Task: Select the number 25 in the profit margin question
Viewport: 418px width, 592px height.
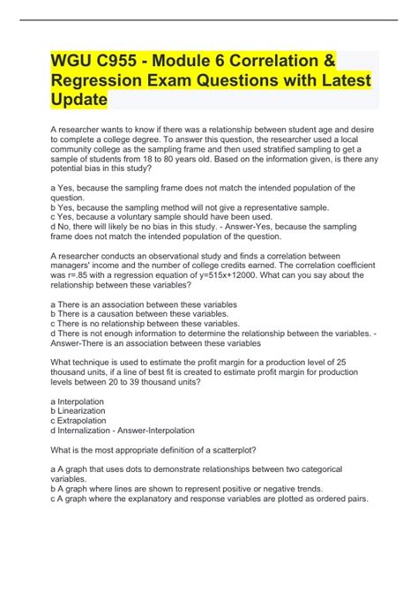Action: pyautogui.click(x=347, y=362)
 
